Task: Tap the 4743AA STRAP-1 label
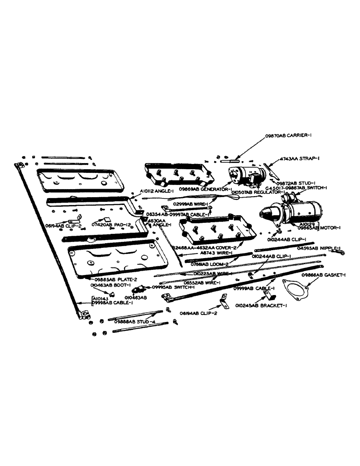[299, 158]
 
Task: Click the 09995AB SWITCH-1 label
[171, 288]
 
